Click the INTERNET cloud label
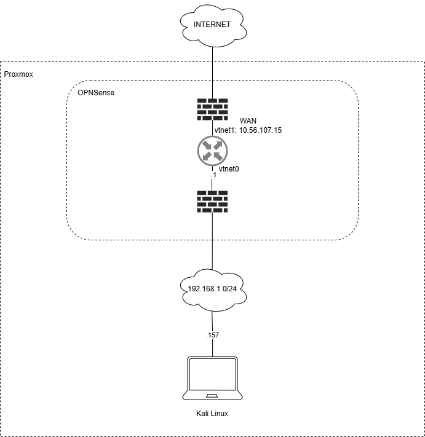coord(212,25)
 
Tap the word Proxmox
coord(19,74)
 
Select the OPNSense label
coord(96,92)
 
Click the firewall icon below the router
coord(212,202)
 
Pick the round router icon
coord(213,151)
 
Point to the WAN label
coord(248,121)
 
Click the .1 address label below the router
coord(213,175)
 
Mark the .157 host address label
coord(212,335)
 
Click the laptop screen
coord(212,376)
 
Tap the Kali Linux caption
coord(212,414)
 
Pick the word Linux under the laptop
coord(219,414)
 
